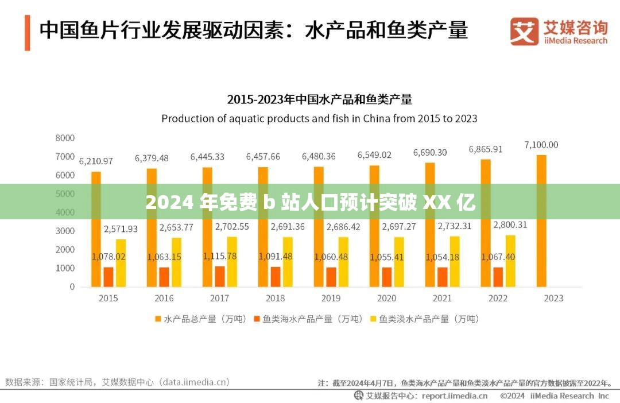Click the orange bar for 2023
pos(541,221)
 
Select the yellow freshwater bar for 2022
pos(510,261)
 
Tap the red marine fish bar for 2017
pos(220,276)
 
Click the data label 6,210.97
pos(96,161)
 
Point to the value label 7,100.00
pos(541,145)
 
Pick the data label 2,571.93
pos(121,228)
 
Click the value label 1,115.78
pos(220,256)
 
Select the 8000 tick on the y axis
pos(65,138)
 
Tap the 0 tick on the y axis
pos(72,286)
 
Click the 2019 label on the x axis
pos(331,299)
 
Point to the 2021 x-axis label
pos(442,299)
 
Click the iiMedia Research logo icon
pos(524,31)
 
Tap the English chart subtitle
pos(319,119)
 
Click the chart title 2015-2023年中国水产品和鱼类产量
pos(319,99)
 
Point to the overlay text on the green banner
pos(310,202)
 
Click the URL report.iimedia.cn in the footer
pos(454,396)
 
